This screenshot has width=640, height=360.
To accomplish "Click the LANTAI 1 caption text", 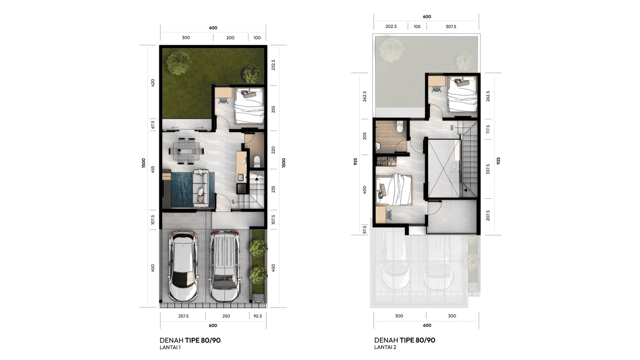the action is pyautogui.click(x=170, y=347).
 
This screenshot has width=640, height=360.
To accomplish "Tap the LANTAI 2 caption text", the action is pyautogui.click(x=385, y=347).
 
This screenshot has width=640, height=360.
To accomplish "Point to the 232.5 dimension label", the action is pyautogui.click(x=273, y=65).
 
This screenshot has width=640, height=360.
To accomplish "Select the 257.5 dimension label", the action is pyautogui.click(x=183, y=316).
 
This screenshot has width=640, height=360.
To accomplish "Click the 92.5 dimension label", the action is pyautogui.click(x=258, y=316).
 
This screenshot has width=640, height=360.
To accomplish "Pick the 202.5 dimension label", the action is pyautogui.click(x=391, y=27).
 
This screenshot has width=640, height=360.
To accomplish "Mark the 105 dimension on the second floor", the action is pyautogui.click(x=417, y=27).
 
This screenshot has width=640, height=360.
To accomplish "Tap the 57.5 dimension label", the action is pyautogui.click(x=364, y=230).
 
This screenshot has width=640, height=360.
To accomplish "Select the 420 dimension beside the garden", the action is pyautogui.click(x=153, y=82).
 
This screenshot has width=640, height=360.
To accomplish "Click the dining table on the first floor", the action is pyautogui.click(x=186, y=151).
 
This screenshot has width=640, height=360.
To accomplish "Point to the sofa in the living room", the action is pyautogui.click(x=203, y=187).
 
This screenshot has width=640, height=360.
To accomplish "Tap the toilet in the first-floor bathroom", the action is pyautogui.click(x=257, y=162).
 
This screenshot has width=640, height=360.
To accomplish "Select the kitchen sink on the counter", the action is pyautogui.click(x=241, y=178).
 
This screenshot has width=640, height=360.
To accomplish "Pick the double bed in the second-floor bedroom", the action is pyautogui.click(x=394, y=190).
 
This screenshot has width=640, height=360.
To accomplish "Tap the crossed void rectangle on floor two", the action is pyautogui.click(x=443, y=168).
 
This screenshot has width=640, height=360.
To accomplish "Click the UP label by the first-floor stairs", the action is pyautogui.click(x=233, y=202).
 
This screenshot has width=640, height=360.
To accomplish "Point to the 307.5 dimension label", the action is pyautogui.click(x=451, y=27).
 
